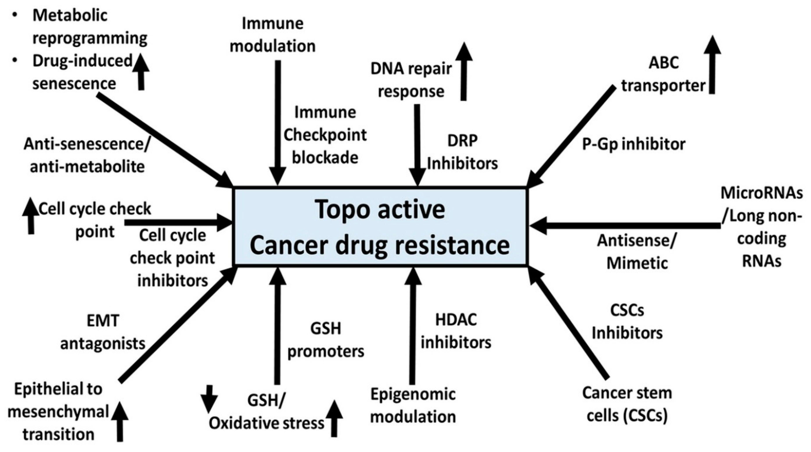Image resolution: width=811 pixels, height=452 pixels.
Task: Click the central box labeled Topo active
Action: point(380,227)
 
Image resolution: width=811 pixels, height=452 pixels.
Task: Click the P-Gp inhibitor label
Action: point(633,144)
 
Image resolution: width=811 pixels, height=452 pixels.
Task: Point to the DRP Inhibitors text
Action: point(462,152)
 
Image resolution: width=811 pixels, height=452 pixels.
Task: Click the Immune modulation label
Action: point(273,35)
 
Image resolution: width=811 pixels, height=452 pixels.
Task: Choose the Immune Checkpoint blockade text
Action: point(325,135)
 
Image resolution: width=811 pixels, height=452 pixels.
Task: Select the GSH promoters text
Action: point(326,340)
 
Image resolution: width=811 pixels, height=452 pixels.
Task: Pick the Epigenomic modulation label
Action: point(413,405)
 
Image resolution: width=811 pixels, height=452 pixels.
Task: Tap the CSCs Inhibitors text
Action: point(627,322)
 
